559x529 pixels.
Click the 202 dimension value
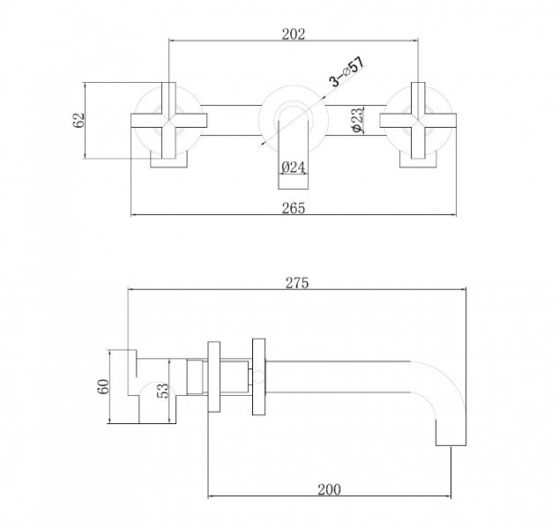click(x=294, y=34)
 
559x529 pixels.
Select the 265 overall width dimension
click(x=294, y=208)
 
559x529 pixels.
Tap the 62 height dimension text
click(x=78, y=120)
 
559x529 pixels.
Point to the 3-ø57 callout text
click(x=347, y=72)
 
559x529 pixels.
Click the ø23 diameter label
click(x=357, y=120)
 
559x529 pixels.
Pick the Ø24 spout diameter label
click(x=293, y=167)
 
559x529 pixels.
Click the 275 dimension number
click(x=297, y=283)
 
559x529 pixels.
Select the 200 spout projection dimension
click(x=329, y=489)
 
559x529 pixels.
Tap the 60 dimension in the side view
click(x=102, y=386)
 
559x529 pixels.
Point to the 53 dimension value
click(x=162, y=391)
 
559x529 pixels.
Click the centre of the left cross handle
click(x=168, y=121)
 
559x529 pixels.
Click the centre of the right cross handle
click(x=418, y=121)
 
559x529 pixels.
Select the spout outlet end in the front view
click(x=293, y=183)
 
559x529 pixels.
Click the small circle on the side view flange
click(x=259, y=377)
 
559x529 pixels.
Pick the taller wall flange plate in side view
click(x=259, y=376)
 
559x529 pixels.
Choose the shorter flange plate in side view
click(x=214, y=376)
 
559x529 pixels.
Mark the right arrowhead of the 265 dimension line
click(x=453, y=215)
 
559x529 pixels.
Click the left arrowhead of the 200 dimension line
click(x=211, y=495)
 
